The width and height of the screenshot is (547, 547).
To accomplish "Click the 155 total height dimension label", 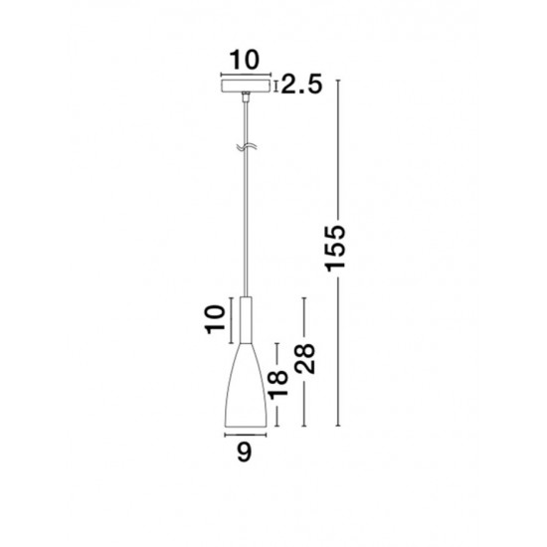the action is click(335, 249).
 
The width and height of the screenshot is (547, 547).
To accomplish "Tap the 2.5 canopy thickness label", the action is click(301, 85).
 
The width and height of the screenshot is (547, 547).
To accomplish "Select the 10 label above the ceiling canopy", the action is click(245, 60).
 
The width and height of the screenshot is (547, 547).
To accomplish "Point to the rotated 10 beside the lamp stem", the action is click(215, 319).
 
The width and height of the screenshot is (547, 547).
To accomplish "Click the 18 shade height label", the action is click(277, 385).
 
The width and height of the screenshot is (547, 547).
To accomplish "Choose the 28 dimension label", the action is click(304, 359).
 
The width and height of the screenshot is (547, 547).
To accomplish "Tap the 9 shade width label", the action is click(245, 453).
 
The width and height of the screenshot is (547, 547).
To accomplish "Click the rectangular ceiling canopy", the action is click(246, 87).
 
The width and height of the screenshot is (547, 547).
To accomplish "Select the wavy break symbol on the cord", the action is click(247, 147).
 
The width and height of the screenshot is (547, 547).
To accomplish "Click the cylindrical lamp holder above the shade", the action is click(246, 320).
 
